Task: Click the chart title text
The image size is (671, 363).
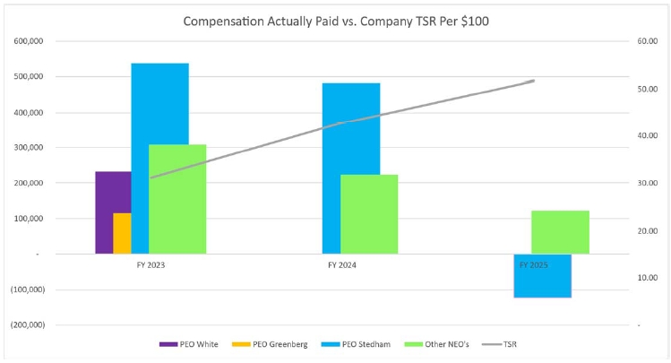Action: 335,20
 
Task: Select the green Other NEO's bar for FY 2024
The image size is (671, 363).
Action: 369,214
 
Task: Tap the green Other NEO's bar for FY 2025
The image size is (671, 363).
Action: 560,232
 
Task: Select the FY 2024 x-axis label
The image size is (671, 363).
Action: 343,265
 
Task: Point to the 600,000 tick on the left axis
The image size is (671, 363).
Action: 29,41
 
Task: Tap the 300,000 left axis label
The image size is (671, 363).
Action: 29,148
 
